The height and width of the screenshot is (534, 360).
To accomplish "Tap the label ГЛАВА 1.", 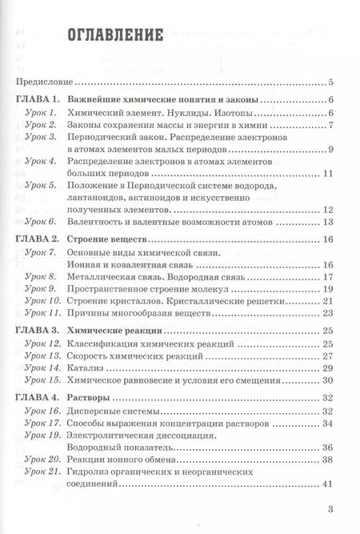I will pyautogui.click(x=35, y=99).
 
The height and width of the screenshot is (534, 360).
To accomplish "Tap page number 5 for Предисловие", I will pyautogui.click(x=330, y=82).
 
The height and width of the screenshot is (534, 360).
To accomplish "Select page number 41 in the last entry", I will pyautogui.click(x=327, y=484).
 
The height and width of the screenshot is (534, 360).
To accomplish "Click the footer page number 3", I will pyautogui.click(x=330, y=509).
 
